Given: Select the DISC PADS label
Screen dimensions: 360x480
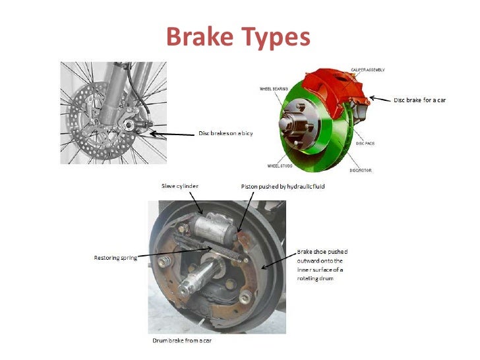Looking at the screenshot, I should pyautogui.click(x=365, y=143).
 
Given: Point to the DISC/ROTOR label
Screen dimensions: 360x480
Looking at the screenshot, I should pyautogui.click(x=361, y=170).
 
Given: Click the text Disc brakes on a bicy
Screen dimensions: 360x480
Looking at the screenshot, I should pyautogui.click(x=225, y=133).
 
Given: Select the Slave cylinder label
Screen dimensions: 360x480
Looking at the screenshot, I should pyautogui.click(x=181, y=187).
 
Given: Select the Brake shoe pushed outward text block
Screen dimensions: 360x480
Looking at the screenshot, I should pyautogui.click(x=322, y=265).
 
